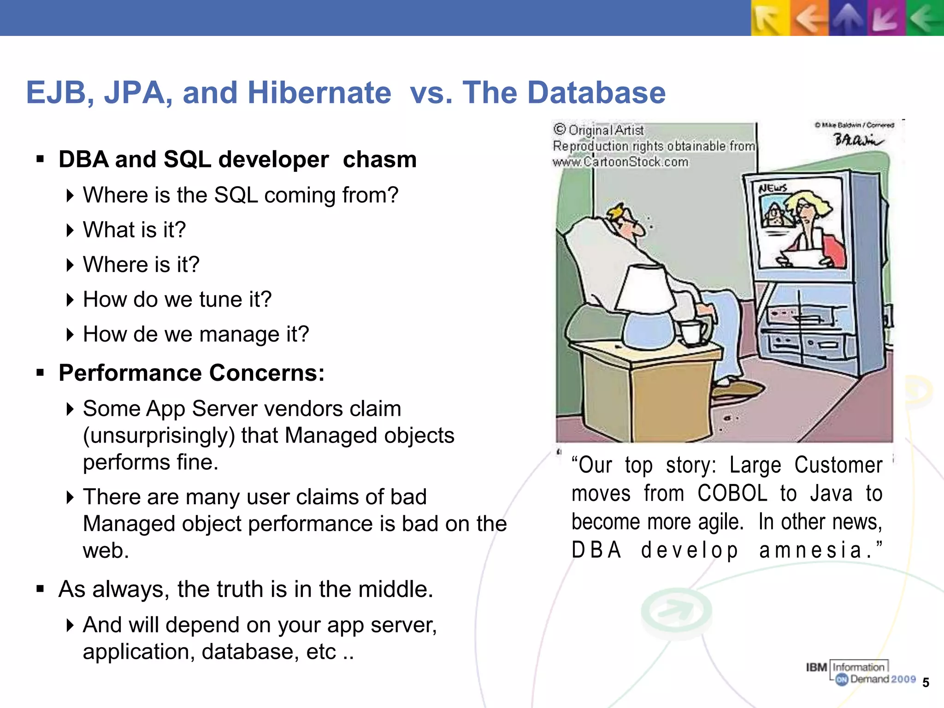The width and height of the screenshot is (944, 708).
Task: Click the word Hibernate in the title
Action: click(319, 93)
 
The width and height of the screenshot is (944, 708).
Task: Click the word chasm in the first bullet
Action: click(379, 159)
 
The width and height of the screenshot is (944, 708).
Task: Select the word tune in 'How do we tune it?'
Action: click(222, 300)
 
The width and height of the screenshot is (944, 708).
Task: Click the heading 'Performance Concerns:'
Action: click(191, 373)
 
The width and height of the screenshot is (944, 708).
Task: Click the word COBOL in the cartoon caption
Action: click(732, 494)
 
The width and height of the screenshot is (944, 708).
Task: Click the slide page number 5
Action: click(926, 683)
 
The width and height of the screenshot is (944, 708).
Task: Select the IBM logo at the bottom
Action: click(816, 667)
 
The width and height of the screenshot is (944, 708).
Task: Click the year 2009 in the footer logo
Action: click(903, 679)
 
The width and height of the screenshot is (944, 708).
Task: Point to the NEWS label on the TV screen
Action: click(773, 188)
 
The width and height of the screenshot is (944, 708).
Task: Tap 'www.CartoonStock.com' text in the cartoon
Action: click(620, 162)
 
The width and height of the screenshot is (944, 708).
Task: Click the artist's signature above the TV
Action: click(857, 140)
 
